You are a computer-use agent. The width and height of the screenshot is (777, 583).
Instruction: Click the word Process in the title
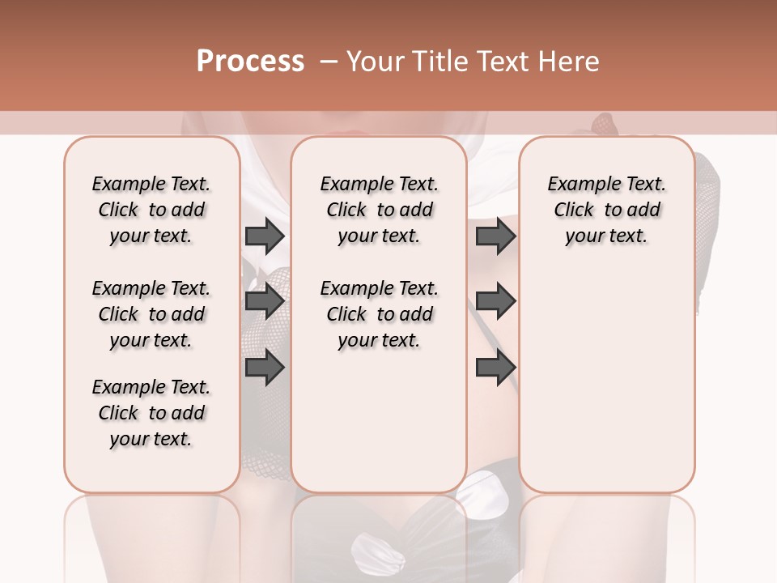[x=250, y=62]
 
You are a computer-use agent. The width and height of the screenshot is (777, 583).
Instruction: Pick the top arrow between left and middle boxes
[x=265, y=236]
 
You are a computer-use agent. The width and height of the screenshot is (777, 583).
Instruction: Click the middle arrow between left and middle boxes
[x=265, y=301]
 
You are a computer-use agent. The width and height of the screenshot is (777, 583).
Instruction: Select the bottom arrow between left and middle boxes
[x=265, y=367]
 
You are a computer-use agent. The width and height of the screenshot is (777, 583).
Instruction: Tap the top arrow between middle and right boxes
[x=495, y=236]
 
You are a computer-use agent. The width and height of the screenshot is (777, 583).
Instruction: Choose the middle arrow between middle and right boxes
[x=495, y=301]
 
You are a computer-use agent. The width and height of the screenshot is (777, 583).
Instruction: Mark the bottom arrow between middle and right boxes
[x=495, y=367]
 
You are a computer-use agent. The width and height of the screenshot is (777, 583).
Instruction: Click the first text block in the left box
[x=151, y=210]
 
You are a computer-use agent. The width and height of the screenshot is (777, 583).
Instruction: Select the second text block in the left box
[x=151, y=314]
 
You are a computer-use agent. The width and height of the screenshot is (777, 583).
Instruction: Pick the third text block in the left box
[x=151, y=413]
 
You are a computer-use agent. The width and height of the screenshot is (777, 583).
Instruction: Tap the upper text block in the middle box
[x=379, y=210]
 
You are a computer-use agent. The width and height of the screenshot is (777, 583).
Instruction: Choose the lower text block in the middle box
[x=379, y=314]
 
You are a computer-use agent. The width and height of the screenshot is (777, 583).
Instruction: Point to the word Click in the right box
[x=574, y=211]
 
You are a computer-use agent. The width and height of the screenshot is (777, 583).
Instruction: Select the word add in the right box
[x=643, y=211]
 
